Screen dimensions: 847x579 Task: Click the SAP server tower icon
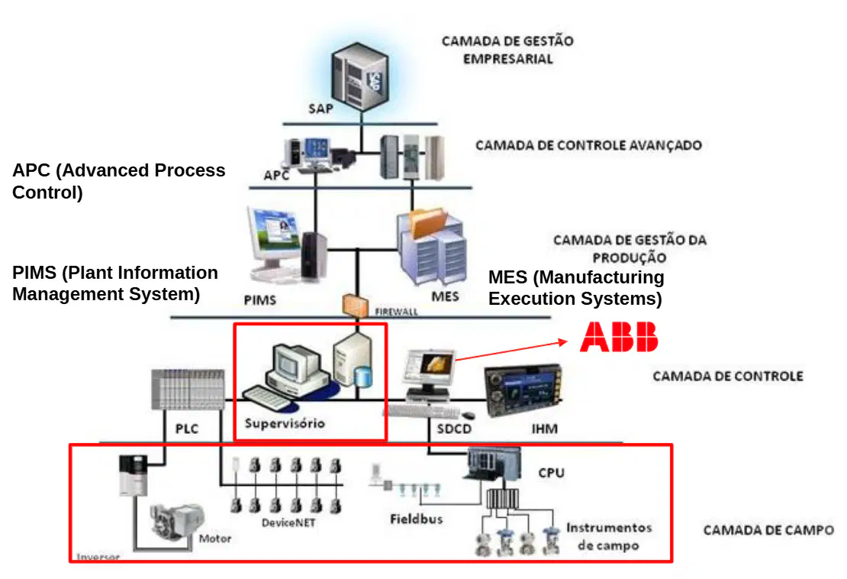tap(360, 77)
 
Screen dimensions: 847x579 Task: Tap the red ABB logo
tap(619, 337)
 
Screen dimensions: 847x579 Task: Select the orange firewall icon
tap(355, 306)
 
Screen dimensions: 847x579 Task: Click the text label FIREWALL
tap(397, 312)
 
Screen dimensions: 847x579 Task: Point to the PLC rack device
tap(188, 390)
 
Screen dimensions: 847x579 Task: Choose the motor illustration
tap(176, 522)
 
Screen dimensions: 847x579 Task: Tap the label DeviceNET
tap(288, 522)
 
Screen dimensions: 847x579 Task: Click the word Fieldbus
tap(417, 519)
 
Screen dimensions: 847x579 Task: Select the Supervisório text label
tap(285, 423)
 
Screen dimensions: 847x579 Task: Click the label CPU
tap(552, 473)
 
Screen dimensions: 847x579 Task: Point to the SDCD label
tap(454, 429)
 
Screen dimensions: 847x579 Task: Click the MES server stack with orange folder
tap(432, 247)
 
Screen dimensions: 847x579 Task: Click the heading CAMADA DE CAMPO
tap(768, 530)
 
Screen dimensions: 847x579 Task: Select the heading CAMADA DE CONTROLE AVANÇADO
tap(589, 145)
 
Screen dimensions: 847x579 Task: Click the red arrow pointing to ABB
tap(511, 351)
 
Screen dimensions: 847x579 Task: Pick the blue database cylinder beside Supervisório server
tap(363, 377)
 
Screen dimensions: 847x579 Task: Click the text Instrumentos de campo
tap(609, 536)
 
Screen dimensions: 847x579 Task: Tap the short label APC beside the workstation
tap(276, 175)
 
